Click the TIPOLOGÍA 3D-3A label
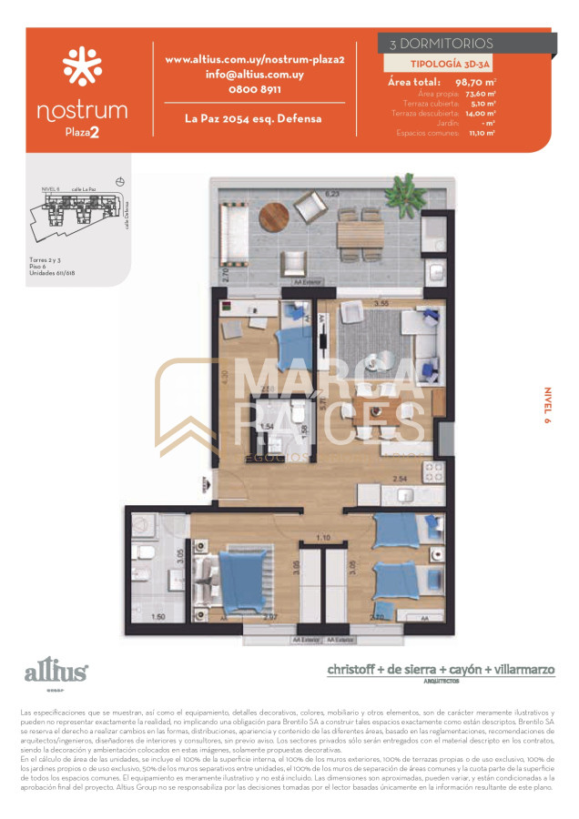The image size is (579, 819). point(439,64)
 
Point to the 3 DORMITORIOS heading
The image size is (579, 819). point(441,43)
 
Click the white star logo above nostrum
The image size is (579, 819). point(82,66)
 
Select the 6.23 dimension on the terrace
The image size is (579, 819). point(332,194)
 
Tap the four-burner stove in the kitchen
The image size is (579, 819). point(432,471)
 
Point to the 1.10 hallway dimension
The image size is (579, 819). point(321,538)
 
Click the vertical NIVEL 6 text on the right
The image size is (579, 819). point(548,407)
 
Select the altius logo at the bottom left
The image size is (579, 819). point(56,673)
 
